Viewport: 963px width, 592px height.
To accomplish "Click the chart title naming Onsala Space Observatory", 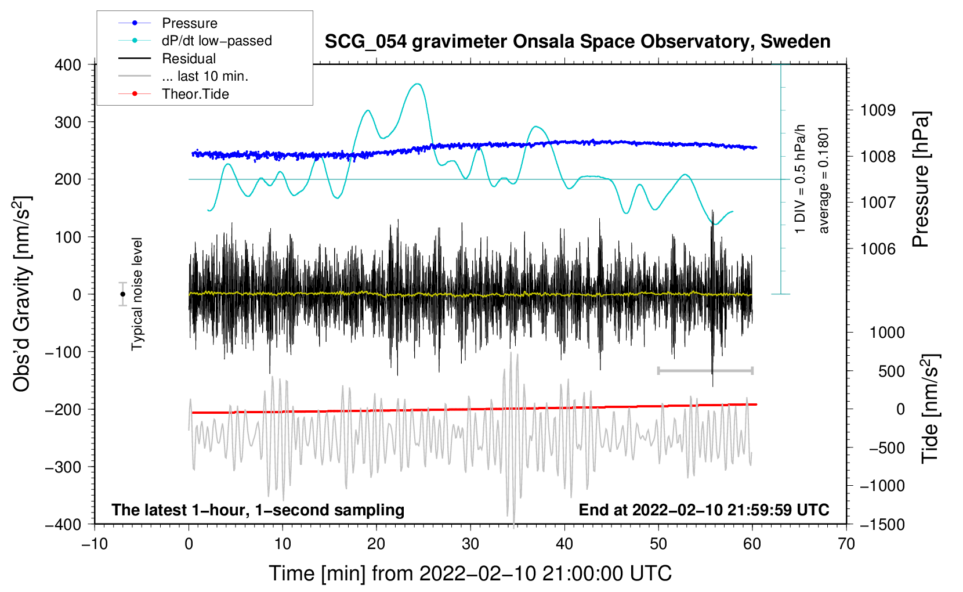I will point(577,42).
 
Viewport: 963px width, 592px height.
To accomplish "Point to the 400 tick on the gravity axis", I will point(68,65).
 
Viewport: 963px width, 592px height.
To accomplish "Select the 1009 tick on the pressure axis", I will point(878,110).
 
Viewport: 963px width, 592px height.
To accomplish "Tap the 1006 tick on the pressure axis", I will point(878,249).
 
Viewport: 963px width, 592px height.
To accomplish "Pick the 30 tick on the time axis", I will point(470,544).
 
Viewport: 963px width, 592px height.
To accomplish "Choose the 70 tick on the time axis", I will point(846,544).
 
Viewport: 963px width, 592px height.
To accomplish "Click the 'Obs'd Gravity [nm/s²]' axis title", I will point(22,294).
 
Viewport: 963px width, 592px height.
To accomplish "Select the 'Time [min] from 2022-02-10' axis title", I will point(470,573).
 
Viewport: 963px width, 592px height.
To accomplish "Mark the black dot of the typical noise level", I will point(123,294).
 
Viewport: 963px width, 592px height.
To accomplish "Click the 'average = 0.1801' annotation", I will point(824,180).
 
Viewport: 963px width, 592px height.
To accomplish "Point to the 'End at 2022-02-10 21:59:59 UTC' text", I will point(704,510).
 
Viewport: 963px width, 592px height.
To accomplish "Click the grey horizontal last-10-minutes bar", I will point(705,370).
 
